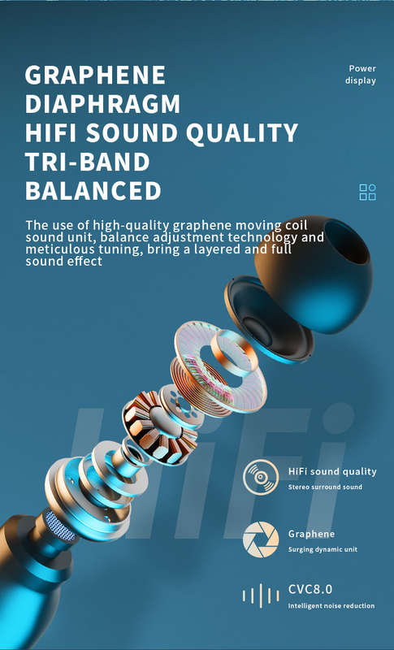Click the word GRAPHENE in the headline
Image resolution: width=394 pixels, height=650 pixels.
tap(95, 75)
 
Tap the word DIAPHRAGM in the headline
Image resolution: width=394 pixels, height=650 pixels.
tap(102, 104)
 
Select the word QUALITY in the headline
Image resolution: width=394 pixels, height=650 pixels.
tap(242, 133)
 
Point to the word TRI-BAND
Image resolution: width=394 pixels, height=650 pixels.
tap(88, 162)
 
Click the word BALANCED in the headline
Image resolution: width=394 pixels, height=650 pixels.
tap(93, 191)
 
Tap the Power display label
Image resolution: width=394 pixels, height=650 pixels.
tap(361, 75)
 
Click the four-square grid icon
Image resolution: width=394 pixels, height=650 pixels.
tap(367, 193)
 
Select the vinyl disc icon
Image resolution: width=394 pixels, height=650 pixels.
tap(261, 477)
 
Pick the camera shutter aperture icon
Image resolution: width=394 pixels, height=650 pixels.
tap(261, 539)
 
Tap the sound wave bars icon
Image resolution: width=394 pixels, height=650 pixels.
tap(261, 596)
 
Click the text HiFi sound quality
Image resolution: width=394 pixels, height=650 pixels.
tap(332, 472)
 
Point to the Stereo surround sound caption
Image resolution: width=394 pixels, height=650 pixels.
tap(325, 487)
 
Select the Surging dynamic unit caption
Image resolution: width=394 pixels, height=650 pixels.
tap(323, 550)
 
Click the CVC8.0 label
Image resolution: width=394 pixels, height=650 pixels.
tap(310, 589)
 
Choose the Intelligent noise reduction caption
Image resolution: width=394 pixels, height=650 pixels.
tap(331, 606)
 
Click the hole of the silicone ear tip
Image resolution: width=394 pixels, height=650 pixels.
tap(346, 241)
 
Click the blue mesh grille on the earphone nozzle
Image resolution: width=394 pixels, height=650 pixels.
tap(60, 525)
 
